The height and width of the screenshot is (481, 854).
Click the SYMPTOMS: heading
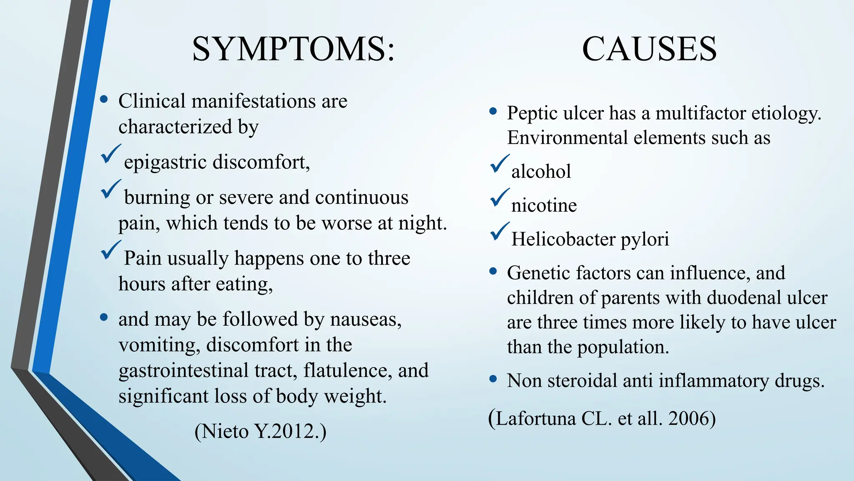coord(293,49)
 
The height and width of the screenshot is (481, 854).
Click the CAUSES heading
coord(649,49)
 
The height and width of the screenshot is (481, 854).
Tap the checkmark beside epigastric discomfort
coord(111,154)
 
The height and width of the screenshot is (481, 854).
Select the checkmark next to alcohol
coord(500,164)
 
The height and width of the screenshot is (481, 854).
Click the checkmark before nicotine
coord(500,198)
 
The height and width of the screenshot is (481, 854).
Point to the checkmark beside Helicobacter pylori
coord(500,232)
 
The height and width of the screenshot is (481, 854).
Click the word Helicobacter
coord(563,239)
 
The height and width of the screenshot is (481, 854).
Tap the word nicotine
coord(544,205)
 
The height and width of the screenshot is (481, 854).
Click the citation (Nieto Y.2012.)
coord(260,431)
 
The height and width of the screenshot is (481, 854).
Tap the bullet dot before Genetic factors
coord(493,272)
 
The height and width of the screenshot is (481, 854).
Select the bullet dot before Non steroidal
coord(493,379)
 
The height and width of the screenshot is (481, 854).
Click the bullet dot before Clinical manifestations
coord(104,99)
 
